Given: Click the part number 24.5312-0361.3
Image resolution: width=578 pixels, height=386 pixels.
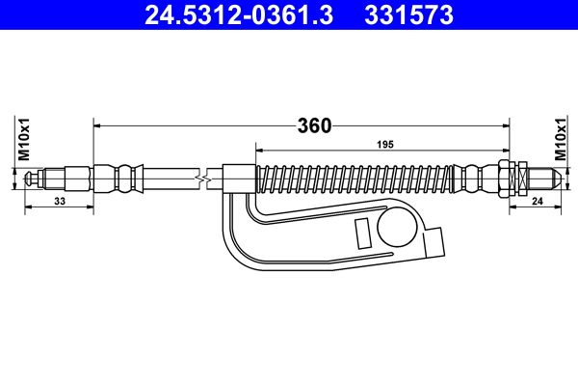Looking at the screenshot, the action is tap(239, 15).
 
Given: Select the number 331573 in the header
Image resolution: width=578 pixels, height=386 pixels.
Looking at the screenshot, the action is tap(408, 15).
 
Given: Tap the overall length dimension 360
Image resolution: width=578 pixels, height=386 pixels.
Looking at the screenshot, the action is tap(314, 126).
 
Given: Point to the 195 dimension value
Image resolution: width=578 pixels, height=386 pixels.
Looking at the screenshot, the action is tap(385, 145).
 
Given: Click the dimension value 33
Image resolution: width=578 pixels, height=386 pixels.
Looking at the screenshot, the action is tap(60, 202).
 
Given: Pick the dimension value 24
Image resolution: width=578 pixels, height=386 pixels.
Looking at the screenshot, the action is tap(538, 202).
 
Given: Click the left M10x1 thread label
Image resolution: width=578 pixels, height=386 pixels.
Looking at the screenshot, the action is tap(24, 140).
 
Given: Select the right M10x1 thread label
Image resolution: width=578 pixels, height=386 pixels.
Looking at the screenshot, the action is tap(561, 140).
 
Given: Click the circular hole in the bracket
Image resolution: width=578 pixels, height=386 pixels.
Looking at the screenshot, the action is tap(397, 228).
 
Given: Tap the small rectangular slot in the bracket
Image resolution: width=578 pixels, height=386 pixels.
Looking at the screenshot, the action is tap(362, 234).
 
